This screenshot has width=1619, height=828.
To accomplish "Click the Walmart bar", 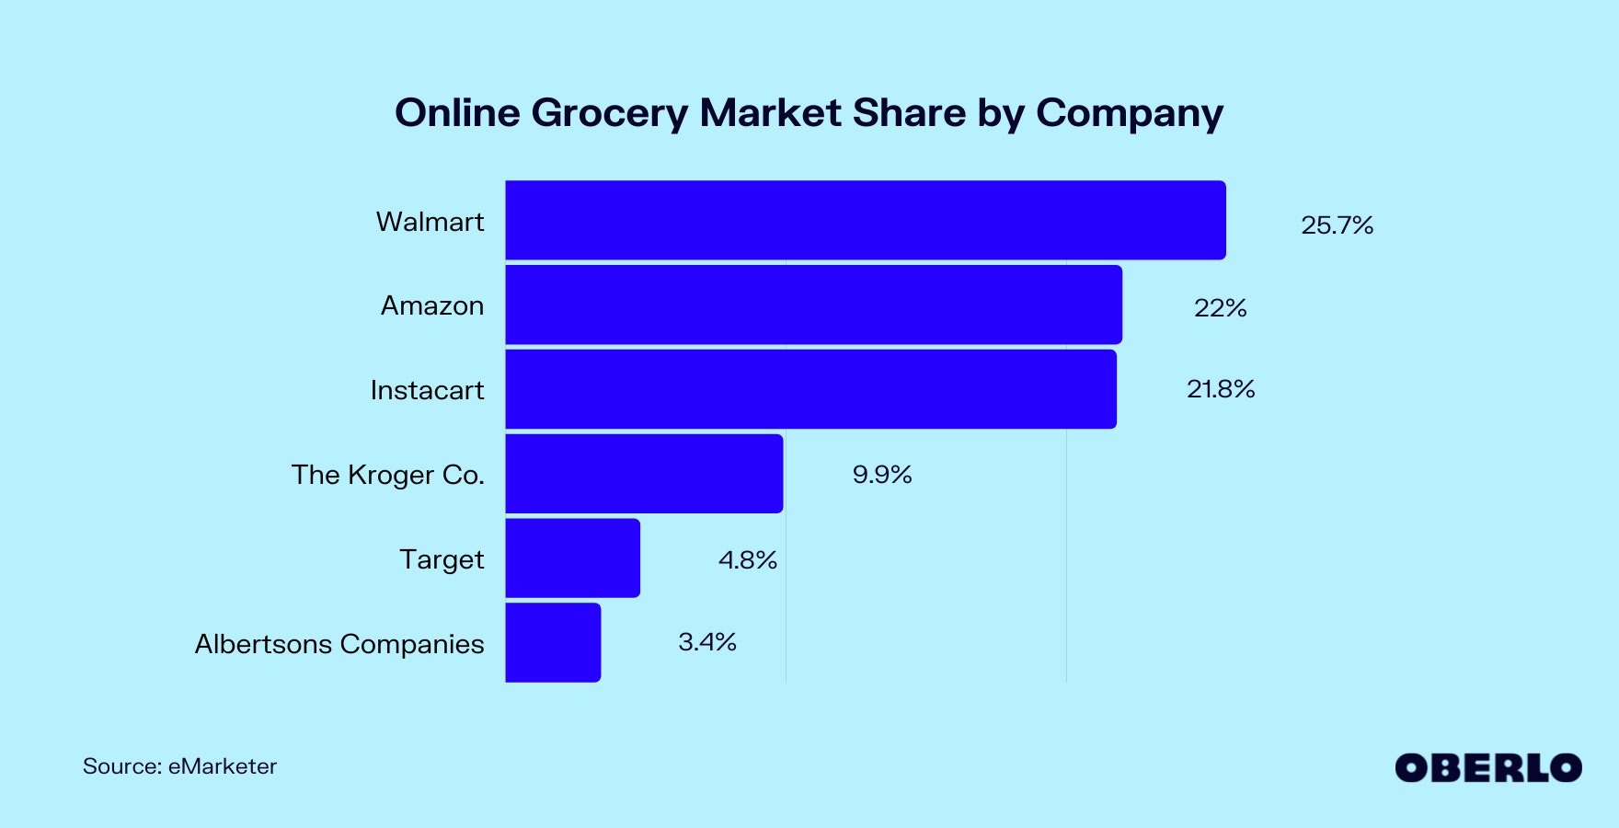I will coord(865,221).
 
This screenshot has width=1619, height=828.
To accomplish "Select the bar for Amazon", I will coord(813,305).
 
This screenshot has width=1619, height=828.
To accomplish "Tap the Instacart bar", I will coord(810,389).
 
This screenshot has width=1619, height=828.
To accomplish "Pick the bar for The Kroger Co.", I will coord(644,474).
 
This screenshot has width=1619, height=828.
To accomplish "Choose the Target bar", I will coord(572,558).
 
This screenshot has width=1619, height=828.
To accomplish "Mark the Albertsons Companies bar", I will coord(553,642).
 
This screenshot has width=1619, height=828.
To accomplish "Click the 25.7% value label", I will coord(1337,225).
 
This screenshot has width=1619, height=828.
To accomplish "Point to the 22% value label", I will coord(1220,308).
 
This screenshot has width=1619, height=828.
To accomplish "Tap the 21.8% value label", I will coord(1221,389).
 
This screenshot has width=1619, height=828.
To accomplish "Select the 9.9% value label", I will coord(881,475).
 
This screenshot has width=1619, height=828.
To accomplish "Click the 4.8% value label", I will coord(747,559).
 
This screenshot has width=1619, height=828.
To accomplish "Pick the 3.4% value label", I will coord(706,642).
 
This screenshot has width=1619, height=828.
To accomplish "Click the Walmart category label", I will coord(430,222).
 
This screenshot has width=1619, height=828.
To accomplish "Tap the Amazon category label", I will coord(432,305).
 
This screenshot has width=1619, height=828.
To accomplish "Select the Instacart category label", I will coord(427,390).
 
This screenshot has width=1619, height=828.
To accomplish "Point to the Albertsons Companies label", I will coord(339,644).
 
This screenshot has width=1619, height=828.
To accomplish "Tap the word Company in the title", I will coord(1129,114).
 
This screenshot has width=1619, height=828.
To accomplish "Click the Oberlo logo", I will coord(1487,768).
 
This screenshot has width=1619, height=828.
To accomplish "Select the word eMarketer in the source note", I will coord(223,766).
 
